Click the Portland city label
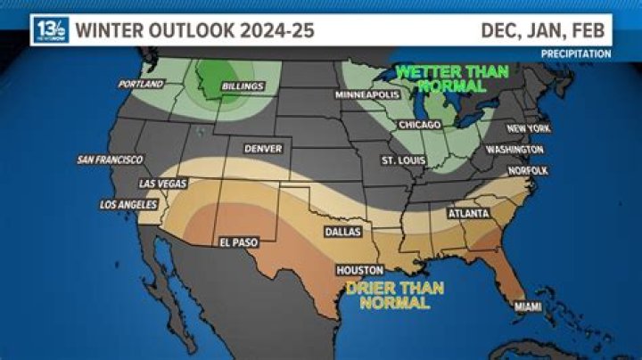click(141, 85)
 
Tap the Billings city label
click(243, 86)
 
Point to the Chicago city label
click(420, 125)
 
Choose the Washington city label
click(514, 150)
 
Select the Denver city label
click(262, 148)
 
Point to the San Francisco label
click(110, 160)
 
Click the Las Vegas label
click(162, 184)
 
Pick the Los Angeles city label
click(128, 205)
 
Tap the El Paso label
click(238, 241)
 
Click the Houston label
click(359, 270)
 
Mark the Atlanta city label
click(467, 214)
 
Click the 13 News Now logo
click(50, 30)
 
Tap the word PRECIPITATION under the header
click(576, 54)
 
